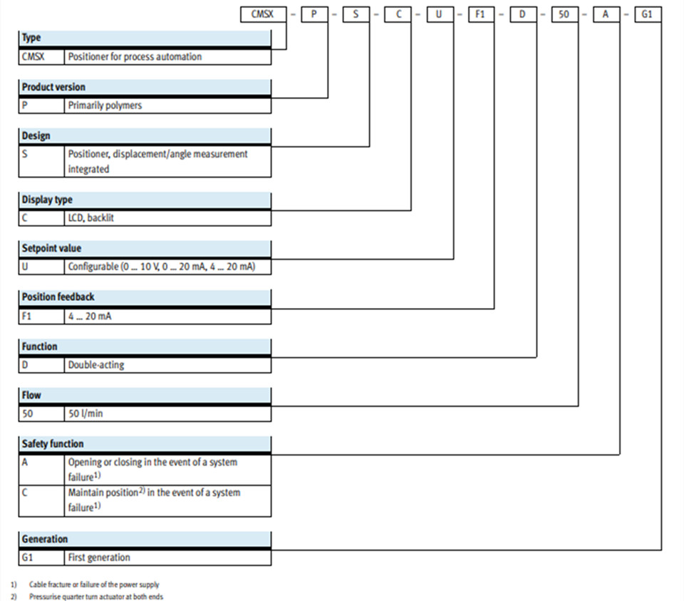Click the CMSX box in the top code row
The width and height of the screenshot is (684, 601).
(263, 14)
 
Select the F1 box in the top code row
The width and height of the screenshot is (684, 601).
(481, 14)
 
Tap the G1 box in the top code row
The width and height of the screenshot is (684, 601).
(648, 14)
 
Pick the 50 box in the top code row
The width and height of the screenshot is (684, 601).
(565, 14)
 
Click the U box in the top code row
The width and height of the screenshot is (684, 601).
(440, 14)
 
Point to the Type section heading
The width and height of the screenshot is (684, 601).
(31, 38)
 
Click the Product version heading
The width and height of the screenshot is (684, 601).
(53, 87)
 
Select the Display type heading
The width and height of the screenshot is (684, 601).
(47, 200)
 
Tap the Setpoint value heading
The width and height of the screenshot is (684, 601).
(51, 248)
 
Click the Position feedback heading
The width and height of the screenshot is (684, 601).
(58, 297)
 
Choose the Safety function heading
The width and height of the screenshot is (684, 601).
(53, 444)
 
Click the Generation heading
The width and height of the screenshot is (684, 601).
(45, 539)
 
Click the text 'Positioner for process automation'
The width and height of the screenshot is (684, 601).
(135, 57)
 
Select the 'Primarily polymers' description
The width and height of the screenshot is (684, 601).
(105, 106)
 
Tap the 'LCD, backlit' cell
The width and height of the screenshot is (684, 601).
(90, 217)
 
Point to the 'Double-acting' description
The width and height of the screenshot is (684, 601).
(96, 365)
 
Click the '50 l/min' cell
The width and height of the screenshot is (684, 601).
(85, 413)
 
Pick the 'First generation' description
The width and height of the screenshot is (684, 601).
(99, 558)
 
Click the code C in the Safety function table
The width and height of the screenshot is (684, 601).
(24, 493)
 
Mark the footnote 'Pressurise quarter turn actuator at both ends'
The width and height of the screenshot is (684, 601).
(96, 597)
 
